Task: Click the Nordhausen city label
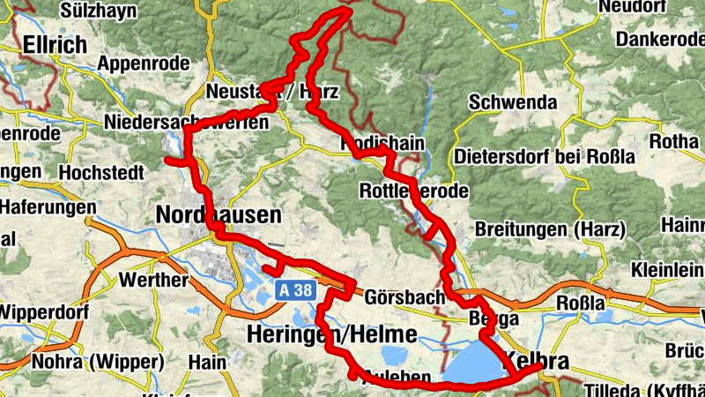(x=218, y=214)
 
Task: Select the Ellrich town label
(x=55, y=45)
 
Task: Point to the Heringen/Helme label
(x=331, y=335)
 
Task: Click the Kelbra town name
(x=534, y=361)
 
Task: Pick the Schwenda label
(x=513, y=102)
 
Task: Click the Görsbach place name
(x=404, y=297)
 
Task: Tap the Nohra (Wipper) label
(x=97, y=362)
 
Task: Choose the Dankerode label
(x=658, y=40)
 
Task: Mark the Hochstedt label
(x=104, y=172)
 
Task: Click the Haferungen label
(x=48, y=206)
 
